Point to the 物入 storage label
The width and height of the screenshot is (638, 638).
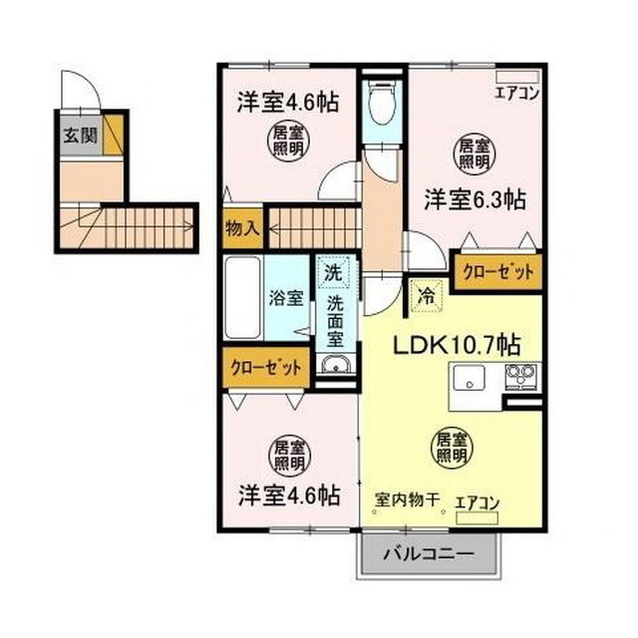(242, 228)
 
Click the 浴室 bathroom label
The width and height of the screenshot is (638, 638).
(288, 298)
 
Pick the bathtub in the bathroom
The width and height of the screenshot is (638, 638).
(243, 297)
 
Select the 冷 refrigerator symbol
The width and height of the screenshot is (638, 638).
(425, 295)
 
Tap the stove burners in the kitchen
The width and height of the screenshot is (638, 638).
(520, 377)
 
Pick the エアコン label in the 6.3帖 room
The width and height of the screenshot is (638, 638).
(517, 95)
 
